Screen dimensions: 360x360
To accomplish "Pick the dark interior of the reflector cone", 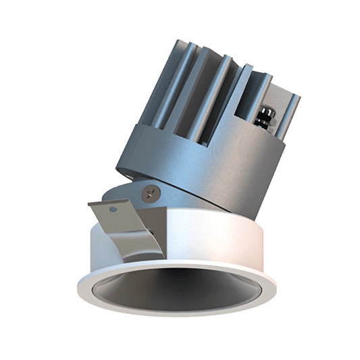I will coord(179,287).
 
